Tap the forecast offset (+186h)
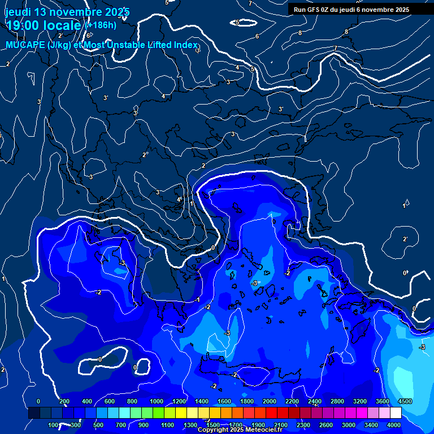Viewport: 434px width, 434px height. click(101, 25)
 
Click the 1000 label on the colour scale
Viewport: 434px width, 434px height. click(157, 401)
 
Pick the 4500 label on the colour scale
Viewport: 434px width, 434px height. click(405, 401)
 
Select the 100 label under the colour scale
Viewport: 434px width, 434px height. click(54, 425)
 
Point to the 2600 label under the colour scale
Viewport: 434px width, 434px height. click(326, 425)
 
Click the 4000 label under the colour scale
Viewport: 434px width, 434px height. click(394, 425)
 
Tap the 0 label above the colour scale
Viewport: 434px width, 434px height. click(38, 401)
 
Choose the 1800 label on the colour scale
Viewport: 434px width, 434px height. click(247, 401)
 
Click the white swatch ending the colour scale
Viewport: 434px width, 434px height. click(396, 413)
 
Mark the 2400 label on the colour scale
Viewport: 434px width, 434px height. click(315, 401)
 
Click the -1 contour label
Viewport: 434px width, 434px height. click(198, 300)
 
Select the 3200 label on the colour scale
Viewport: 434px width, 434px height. click(360, 401)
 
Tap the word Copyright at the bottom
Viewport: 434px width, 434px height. click(214, 430)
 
